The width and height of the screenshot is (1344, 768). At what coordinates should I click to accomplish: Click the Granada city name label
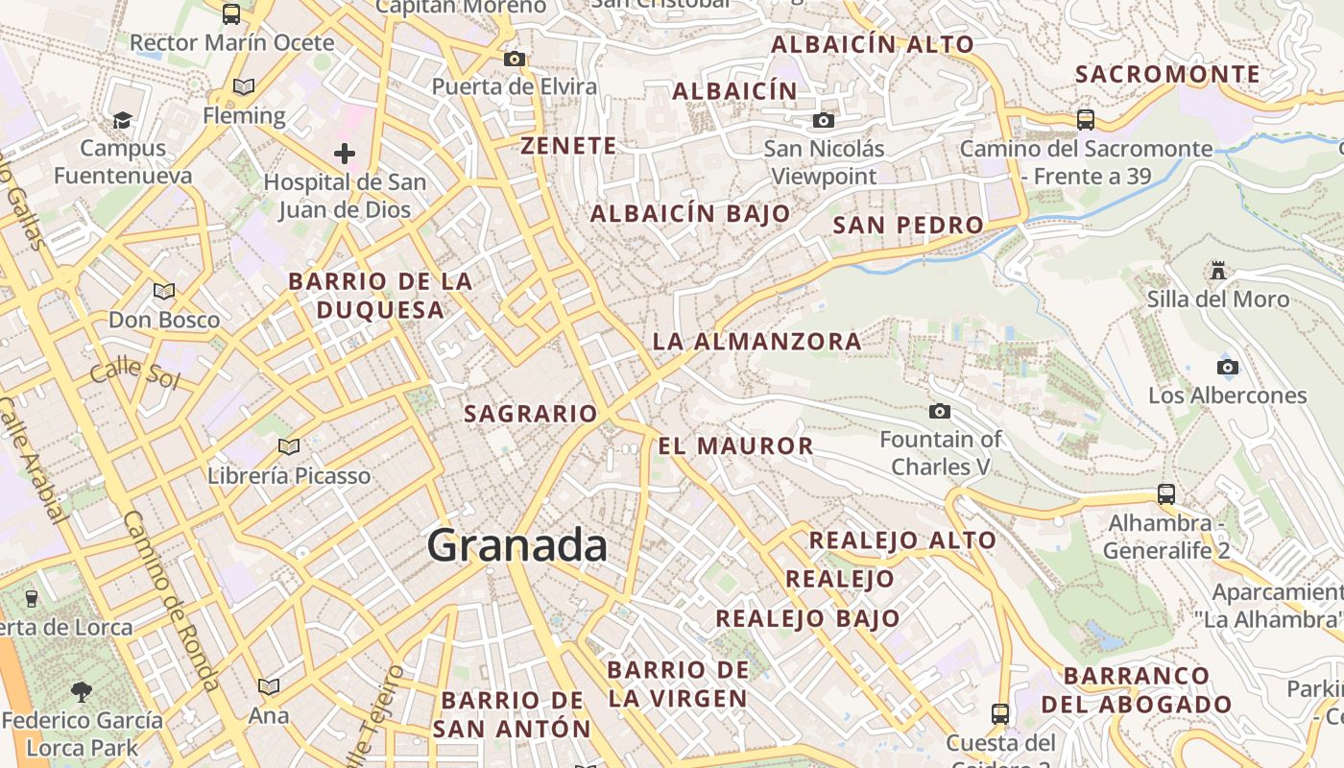coord(517,546)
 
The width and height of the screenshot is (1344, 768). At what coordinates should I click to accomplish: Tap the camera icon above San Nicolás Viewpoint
coord(823,120)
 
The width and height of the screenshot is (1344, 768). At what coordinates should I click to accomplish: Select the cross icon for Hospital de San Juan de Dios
coord(345,153)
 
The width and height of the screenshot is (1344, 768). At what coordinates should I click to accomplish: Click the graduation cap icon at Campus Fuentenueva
coord(122,119)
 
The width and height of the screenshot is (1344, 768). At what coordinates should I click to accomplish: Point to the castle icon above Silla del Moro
coord(1218,271)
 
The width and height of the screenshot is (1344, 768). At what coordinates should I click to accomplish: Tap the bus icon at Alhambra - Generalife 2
coord(1166,494)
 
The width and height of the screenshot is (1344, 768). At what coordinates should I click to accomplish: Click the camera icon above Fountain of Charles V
coord(940,411)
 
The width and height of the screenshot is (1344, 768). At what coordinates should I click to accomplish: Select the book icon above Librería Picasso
coord(288,445)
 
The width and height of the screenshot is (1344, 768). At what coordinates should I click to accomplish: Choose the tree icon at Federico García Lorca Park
coord(82,690)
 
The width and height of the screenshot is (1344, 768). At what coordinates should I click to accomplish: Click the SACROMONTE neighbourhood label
coord(1167,74)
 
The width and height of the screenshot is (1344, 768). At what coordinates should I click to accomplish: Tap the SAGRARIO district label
coord(531,414)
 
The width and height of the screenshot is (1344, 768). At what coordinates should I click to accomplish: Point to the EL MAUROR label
coord(735,445)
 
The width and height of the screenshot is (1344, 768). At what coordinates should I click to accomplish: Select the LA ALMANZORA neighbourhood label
coord(756,341)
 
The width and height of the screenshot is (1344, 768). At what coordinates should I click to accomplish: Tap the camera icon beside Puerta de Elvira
coord(515,60)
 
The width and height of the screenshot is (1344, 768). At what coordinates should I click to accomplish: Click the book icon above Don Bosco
coord(164,291)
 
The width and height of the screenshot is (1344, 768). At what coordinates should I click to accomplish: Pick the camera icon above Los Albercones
coord(1227,367)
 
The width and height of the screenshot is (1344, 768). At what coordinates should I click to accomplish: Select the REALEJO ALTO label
coord(901,540)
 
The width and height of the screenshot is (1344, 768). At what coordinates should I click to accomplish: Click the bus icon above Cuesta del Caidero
coord(1000,713)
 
